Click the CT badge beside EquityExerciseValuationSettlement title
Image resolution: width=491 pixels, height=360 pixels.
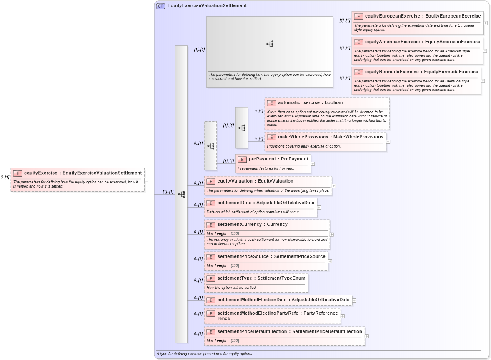[x=160, y=6]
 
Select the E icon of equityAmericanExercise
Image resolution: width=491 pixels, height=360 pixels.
[x=358, y=42]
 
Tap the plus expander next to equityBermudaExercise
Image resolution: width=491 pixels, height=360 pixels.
[x=483, y=81]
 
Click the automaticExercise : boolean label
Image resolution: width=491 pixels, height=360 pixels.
[x=310, y=103]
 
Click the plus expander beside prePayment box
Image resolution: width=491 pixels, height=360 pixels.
[x=313, y=164]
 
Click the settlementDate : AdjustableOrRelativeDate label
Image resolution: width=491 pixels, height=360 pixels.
[x=266, y=203]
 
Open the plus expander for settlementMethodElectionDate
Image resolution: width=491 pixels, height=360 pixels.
[x=354, y=300]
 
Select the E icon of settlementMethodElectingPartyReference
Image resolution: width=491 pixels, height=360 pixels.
[x=211, y=313]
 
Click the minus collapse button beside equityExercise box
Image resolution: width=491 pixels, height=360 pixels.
[x=146, y=180]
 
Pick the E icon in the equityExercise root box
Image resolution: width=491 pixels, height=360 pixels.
[x=18, y=173]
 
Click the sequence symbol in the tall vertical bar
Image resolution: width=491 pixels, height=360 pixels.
[x=181, y=194]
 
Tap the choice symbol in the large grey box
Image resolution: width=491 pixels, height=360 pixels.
[x=270, y=44]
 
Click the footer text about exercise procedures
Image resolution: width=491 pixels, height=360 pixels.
[x=205, y=354]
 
